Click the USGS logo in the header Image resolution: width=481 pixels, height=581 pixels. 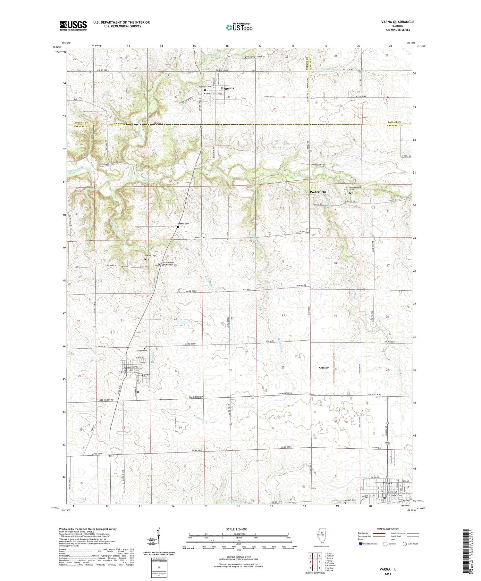click(73, 26)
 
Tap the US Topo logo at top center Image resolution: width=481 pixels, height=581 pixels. click(239, 27)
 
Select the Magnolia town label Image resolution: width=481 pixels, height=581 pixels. click(227, 88)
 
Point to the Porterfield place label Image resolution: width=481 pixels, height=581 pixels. click(318, 192)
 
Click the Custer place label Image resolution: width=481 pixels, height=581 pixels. click(324, 367)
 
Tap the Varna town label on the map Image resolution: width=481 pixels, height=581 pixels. click(146, 374)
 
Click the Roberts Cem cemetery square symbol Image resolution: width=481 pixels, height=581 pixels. click(178, 227)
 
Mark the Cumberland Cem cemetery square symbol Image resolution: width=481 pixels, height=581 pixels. click(350, 193)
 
